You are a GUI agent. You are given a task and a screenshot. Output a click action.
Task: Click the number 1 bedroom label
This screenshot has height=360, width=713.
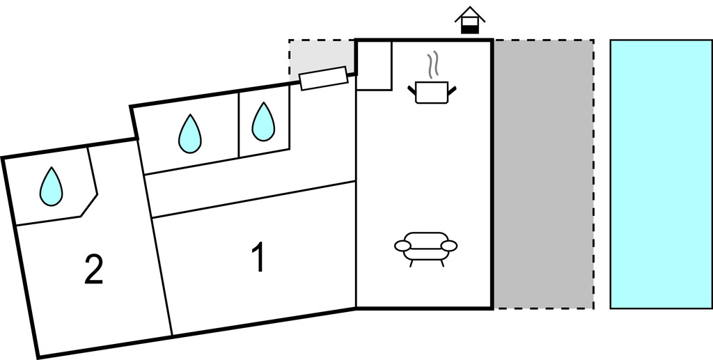point(258,257)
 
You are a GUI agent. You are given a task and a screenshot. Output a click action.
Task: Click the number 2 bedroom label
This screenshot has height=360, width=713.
point(93,269)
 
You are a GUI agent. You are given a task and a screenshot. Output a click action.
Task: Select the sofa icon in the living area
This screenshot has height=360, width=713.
point(426,246)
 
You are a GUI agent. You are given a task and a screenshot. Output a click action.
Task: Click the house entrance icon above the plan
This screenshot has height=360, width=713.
point(471,21)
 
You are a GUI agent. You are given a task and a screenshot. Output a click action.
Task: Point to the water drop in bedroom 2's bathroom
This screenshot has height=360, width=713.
point(50,187)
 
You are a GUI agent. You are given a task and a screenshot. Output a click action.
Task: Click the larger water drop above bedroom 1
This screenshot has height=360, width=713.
point(189,134)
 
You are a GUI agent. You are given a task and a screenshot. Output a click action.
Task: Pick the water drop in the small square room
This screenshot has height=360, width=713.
point(263,122)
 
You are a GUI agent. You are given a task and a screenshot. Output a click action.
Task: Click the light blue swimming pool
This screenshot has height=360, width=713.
point(660,174)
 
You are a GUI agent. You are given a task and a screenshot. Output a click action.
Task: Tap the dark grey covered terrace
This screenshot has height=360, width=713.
point(543,174)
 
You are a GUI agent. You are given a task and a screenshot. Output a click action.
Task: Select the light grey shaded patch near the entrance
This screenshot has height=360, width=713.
point(320,56)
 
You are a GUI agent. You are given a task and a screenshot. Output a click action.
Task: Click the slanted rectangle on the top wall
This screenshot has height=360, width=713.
point(324,78)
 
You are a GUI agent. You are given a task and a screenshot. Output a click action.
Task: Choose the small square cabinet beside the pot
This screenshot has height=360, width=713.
point(374,65)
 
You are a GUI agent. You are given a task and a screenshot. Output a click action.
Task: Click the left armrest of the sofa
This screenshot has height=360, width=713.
point(403,246)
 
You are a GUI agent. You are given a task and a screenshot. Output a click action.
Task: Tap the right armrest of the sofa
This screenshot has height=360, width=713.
point(449,245)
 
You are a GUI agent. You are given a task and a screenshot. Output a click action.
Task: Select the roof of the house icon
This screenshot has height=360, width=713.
point(471,14)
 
